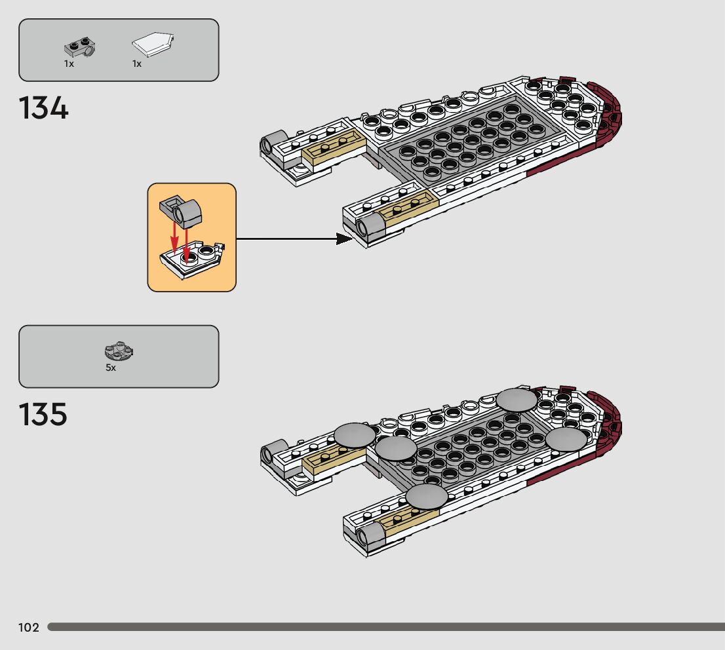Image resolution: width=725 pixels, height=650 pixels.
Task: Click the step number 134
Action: [x=44, y=108]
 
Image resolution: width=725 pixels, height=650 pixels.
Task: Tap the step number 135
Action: [x=44, y=415]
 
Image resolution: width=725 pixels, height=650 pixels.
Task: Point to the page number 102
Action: [x=28, y=628]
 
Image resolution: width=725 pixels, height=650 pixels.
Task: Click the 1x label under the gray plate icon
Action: [x=69, y=64]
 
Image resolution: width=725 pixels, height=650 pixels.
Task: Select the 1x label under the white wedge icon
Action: [x=137, y=64]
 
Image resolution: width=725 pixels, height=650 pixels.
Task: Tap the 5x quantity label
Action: [x=111, y=368]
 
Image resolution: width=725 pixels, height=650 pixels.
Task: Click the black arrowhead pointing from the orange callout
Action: [x=345, y=239]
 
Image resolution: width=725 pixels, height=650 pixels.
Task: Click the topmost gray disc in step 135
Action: [x=517, y=400]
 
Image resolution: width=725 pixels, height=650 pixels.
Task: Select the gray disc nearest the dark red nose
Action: [x=567, y=439]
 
